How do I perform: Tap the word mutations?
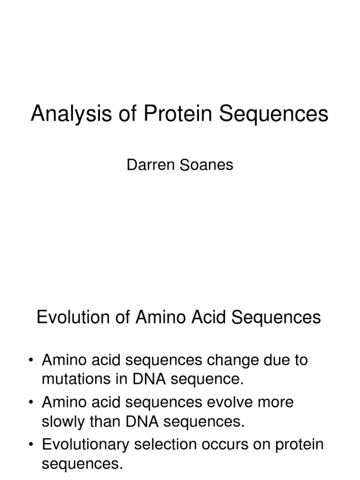[71, 379]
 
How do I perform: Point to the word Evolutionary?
[83, 444]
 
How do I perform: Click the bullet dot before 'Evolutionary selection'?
[31, 444]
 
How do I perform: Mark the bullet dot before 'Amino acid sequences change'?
[31, 360]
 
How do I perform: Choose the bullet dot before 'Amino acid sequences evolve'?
[31, 403]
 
